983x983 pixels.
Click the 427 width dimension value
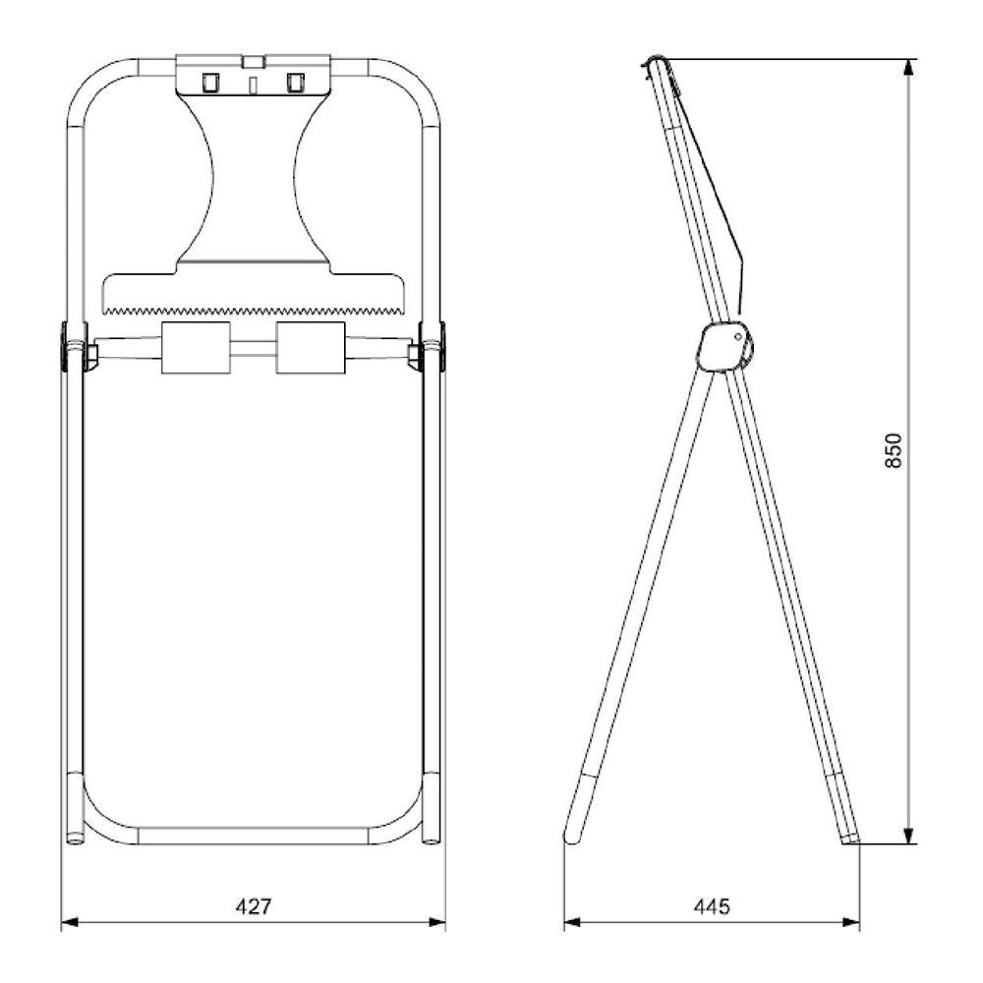coord(253,905)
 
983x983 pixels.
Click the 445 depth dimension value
coord(712,905)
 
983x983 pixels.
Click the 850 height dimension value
coord(893,449)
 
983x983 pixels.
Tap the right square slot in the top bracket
coord(293,83)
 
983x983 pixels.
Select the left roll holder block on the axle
coord(196,348)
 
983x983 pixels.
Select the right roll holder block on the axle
coord(311,348)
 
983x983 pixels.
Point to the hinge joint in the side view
coord(724,347)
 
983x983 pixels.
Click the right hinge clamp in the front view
coord(432,346)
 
